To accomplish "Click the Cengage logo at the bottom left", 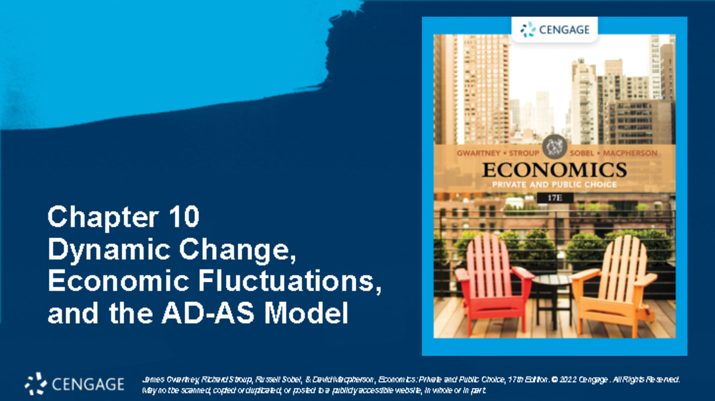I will coord(74,384).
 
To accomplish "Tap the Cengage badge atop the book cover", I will coord(555,29).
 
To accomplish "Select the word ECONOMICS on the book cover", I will coord(554,169).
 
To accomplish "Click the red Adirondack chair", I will coord(490,280).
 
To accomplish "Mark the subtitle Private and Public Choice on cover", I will coord(554,185).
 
